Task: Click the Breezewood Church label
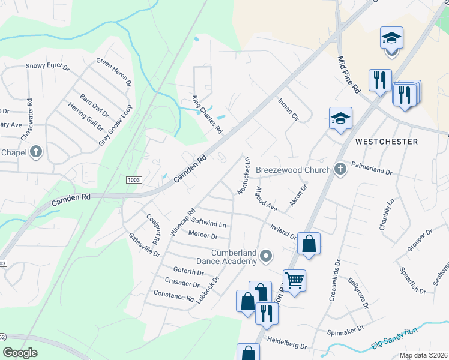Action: coord(293,170)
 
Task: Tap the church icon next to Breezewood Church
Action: coord(340,169)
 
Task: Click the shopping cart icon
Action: coord(294,280)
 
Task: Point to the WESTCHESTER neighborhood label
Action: coord(387,142)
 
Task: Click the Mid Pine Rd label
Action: coord(348,75)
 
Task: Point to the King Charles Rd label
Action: coord(207,114)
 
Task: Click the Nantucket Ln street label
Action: coord(244,175)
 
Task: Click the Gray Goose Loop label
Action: coord(115,125)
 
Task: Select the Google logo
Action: coord(19,353)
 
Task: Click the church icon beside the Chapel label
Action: coord(36,151)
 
